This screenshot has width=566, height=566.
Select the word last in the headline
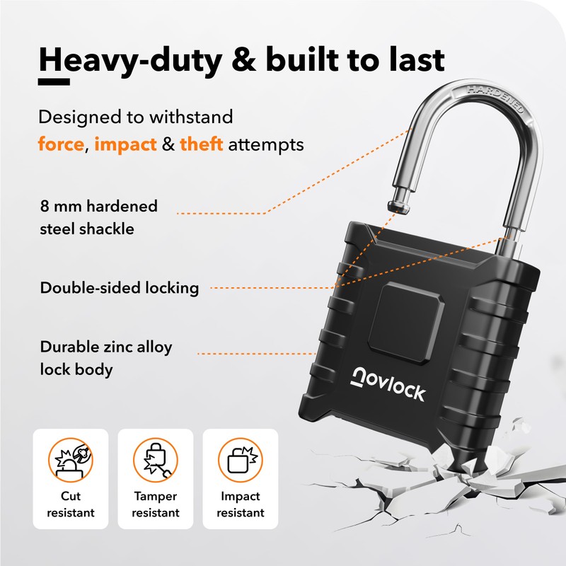coord(410,59)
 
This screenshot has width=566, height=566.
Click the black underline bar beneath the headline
coord(53,82)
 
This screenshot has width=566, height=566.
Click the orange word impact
coord(125,145)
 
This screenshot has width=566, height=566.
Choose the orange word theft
coord(202,145)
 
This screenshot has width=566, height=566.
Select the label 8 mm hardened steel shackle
coord(98,217)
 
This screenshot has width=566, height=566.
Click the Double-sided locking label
coord(119,288)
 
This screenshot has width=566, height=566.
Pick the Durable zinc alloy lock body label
coord(105,358)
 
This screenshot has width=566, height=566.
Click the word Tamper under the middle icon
coord(155,496)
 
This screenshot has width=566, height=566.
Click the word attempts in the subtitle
coord(270,145)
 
